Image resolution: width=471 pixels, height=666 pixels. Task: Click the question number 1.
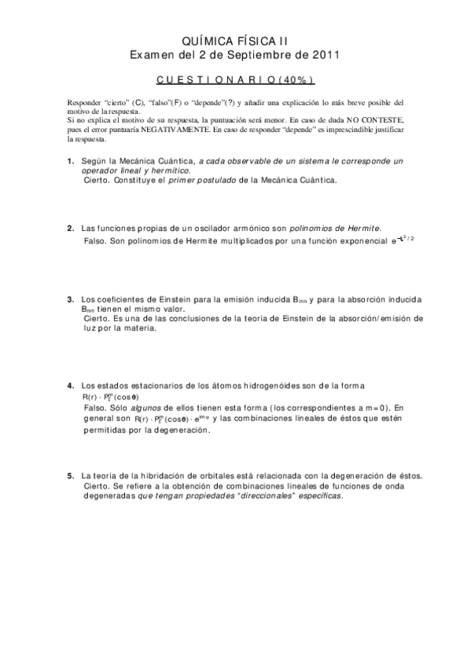coord(71,160)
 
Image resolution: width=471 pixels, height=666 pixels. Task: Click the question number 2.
coord(71,228)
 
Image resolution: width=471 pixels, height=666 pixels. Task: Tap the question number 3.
coord(71,299)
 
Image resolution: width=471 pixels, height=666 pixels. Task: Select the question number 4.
coord(71,385)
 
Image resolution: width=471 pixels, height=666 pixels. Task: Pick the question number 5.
coord(71,475)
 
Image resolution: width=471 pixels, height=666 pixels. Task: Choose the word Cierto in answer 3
coord(95,319)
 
